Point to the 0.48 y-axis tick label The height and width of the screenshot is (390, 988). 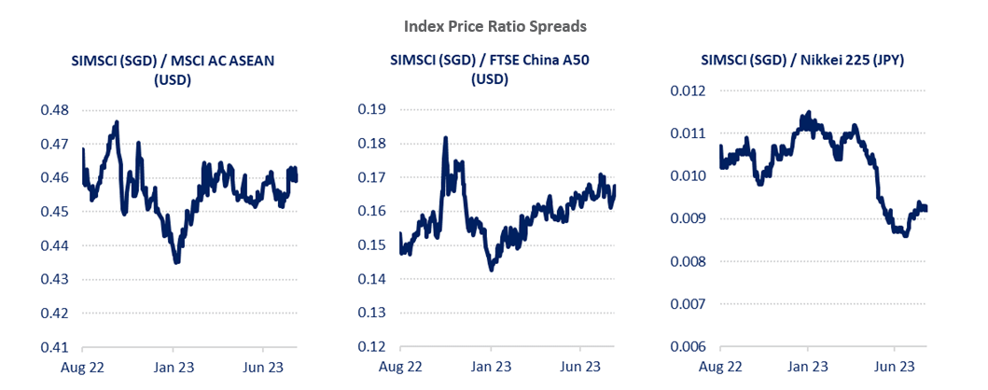[x=55, y=110]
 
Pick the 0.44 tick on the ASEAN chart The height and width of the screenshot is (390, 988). [x=55, y=245]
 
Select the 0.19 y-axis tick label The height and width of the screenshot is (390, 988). [x=372, y=110]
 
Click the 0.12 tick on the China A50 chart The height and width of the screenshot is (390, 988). [x=372, y=347]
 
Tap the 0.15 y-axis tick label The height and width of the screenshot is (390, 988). [x=372, y=245]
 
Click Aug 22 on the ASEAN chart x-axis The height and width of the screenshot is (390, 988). [x=82, y=367]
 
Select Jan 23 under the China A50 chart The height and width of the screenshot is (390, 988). [x=490, y=367]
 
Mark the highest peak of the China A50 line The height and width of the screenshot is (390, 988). [x=445, y=138]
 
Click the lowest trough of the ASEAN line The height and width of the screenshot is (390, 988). [x=176, y=262]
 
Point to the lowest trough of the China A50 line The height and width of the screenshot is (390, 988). [x=491, y=270]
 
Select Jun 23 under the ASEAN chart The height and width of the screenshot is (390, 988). [x=263, y=367]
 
